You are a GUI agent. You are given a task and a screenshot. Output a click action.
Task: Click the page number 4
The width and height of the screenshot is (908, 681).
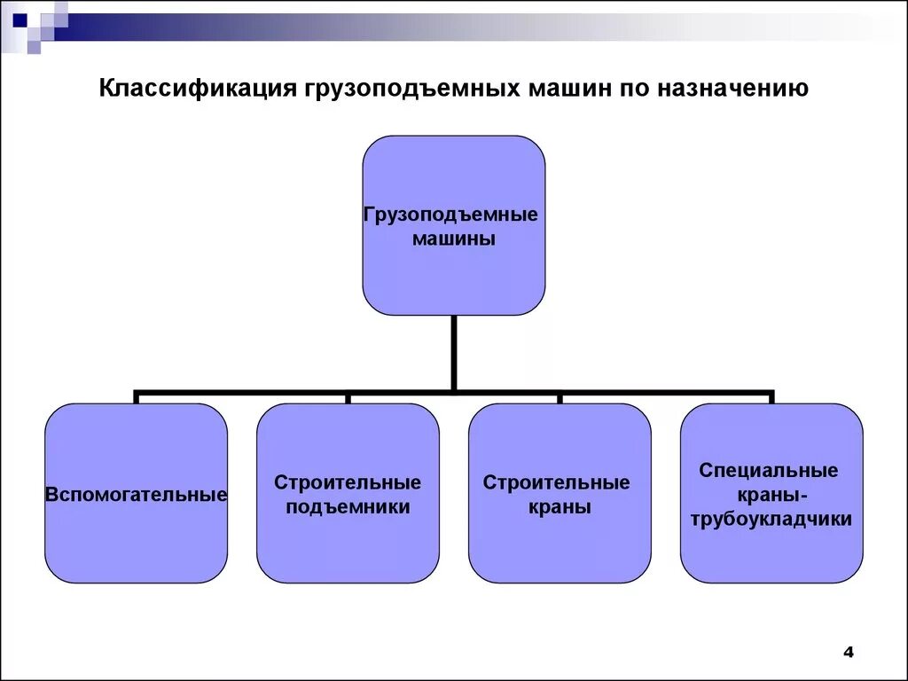[x=848, y=653]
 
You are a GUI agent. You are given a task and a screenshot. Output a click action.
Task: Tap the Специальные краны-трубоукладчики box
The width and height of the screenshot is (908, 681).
[x=771, y=550]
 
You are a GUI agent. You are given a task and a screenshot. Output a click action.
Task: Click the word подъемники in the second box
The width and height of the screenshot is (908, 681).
[x=348, y=508]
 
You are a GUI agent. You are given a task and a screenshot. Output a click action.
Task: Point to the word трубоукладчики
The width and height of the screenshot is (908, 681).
[x=771, y=520]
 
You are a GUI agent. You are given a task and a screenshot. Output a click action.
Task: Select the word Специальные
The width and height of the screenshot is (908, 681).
[x=769, y=471]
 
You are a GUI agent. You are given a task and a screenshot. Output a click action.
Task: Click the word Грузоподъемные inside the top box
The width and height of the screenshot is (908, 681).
[x=453, y=215]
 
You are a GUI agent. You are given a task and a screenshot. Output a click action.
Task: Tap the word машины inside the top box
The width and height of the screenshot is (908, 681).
[x=453, y=239]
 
